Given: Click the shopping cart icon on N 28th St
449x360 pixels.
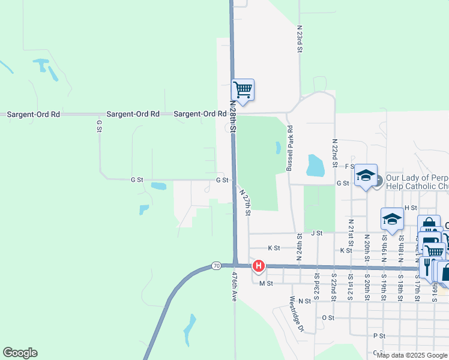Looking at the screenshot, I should (243, 90).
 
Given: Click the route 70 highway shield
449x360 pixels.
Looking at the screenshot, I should (217, 265).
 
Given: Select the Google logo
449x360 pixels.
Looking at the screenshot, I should (20, 353).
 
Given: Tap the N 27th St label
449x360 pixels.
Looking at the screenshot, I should (245, 203).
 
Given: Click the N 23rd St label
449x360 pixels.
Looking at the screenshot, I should (299, 39).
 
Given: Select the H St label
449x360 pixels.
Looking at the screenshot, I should (411, 208).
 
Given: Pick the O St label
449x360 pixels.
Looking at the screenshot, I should (328, 317).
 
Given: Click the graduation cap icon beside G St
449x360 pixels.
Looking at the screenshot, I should (366, 176).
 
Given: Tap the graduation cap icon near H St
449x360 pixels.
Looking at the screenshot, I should (392, 219).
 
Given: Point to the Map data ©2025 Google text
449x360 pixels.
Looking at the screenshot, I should (412, 355).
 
